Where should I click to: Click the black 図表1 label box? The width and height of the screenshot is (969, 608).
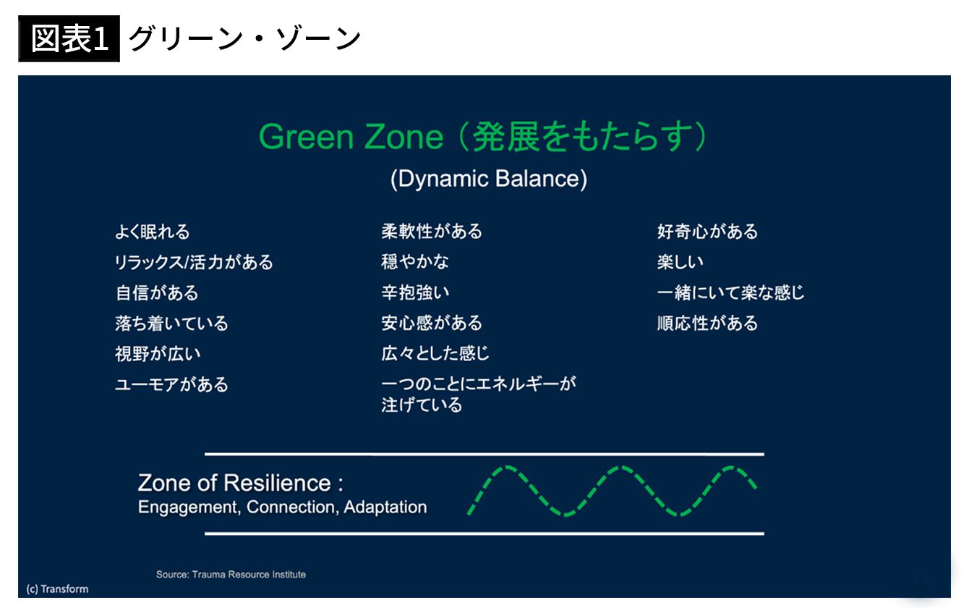tap(69, 38)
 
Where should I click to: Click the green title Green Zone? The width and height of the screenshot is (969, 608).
tap(351, 137)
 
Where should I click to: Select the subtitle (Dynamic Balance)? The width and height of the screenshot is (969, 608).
tap(489, 179)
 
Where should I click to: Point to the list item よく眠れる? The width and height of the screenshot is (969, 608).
tap(153, 232)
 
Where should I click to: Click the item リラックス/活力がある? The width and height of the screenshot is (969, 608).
tap(194, 263)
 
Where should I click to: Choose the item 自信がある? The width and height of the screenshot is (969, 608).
tap(157, 292)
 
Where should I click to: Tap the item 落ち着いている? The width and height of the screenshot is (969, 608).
tap(171, 324)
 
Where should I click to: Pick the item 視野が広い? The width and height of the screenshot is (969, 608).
tap(158, 354)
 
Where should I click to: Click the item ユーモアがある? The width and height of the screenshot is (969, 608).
tap(171, 384)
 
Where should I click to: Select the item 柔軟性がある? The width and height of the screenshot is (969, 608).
tap(432, 231)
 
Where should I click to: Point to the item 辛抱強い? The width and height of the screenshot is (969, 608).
tap(415, 292)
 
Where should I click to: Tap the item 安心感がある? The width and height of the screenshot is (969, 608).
tap(432, 323)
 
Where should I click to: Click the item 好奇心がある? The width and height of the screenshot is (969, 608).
tap(708, 232)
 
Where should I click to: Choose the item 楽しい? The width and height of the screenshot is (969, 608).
tap(680, 262)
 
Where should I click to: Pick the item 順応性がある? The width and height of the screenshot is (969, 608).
tap(708, 323)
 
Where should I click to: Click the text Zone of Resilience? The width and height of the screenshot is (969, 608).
tap(234, 483)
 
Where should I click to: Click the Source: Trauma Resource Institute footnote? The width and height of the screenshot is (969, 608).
tap(231, 575)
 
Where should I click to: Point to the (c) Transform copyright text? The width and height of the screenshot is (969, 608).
tap(58, 589)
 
